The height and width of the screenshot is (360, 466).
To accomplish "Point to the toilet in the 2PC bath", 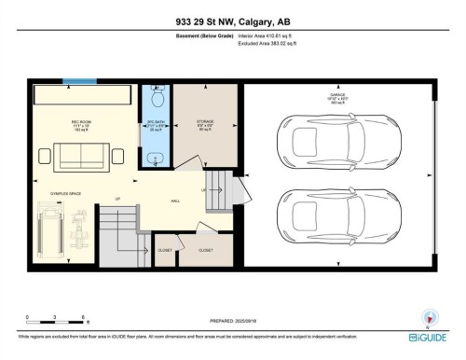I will pyautogui.click(x=157, y=97).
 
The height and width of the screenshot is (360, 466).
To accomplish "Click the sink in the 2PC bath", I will pyautogui.click(x=154, y=158).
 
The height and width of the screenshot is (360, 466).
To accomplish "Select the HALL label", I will pyautogui.click(x=174, y=200).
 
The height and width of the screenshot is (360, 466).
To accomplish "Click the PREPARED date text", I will pyautogui.click(x=232, y=320).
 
